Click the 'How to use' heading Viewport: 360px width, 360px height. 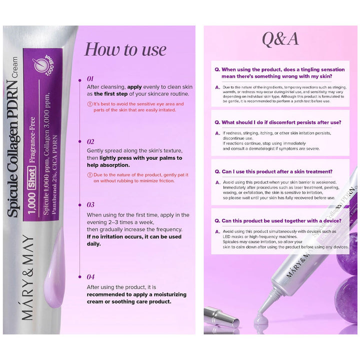click(x=125, y=49)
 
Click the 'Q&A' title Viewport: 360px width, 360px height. click(x=280, y=39)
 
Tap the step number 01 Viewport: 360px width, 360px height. click(x=90, y=78)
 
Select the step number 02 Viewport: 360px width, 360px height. click(x=90, y=141)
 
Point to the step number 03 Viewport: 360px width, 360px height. click(x=90, y=204)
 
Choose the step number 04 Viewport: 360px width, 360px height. click(x=90, y=276)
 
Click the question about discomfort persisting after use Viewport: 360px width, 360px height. click(x=277, y=122)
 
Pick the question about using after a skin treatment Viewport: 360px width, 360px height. click(x=273, y=171)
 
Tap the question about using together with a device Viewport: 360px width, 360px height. click(x=277, y=220)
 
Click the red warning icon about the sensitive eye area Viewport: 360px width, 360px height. click(x=89, y=104)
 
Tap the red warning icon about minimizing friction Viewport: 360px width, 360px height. click(x=89, y=175)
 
